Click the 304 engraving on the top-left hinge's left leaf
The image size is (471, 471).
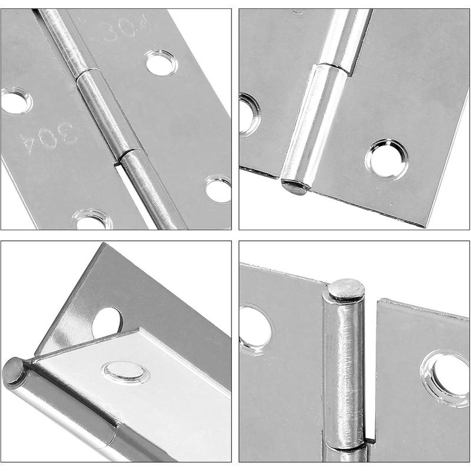(48, 138)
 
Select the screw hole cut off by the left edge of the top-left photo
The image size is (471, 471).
(16, 100)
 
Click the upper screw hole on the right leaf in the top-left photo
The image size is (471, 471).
(161, 62)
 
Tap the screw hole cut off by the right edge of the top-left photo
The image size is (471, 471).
(218, 189)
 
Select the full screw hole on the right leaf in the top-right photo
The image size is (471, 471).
(387, 159)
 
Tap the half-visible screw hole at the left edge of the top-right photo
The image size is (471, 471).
(248, 115)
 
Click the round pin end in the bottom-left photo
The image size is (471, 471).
(12, 371)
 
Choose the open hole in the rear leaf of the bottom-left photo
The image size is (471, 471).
(107, 323)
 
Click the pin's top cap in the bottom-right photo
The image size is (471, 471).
(346, 289)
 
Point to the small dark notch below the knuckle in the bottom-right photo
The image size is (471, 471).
(370, 441)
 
